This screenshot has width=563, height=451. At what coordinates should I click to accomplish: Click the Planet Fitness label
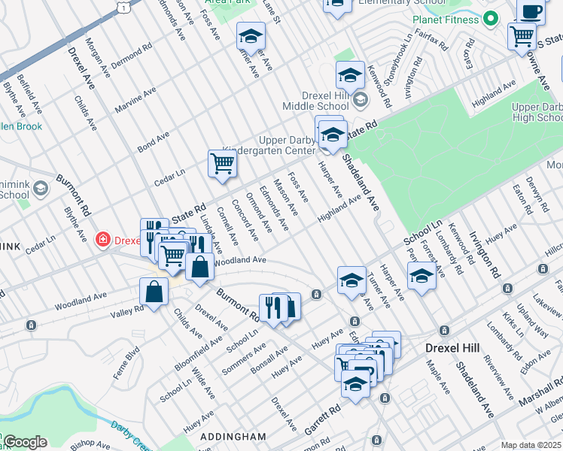[446, 19]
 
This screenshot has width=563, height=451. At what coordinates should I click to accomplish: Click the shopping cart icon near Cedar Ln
[222, 163]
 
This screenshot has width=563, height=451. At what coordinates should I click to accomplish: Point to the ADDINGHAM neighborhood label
[234, 436]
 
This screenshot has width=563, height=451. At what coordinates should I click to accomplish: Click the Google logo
[24, 442]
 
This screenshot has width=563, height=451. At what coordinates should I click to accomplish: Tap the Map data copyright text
[531, 445]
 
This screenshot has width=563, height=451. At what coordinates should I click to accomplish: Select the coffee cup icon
[531, 12]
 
